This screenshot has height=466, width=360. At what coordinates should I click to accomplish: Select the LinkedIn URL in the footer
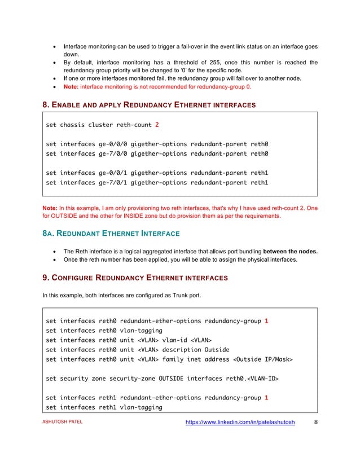click(240, 436)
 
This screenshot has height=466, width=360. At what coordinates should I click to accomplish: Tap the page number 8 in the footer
click(316, 436)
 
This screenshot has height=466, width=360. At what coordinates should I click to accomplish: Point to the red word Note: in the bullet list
click(71, 87)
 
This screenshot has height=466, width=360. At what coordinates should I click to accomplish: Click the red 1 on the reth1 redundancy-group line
click(266, 397)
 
